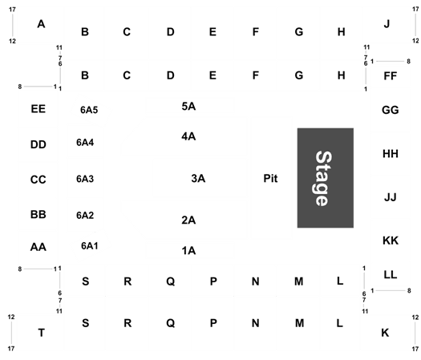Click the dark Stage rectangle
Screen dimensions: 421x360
325,178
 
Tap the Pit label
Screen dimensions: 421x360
270,179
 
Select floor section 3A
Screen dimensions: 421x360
198,178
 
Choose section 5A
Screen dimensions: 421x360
188,107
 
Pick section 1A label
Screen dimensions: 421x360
188,251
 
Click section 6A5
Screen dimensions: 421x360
89,110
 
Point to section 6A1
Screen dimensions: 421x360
90,245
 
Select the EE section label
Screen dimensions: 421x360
38,109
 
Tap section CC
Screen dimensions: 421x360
38,180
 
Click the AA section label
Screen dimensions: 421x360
38,247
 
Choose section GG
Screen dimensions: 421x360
390,110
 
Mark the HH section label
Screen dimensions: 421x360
390,154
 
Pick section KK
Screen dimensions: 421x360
391,241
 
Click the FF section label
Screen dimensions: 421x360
390,76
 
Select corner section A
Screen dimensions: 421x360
41,24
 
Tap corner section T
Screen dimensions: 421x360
42,333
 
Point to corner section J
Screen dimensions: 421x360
387,24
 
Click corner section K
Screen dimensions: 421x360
385,333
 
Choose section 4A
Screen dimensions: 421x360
188,136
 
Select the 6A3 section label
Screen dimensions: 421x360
85,179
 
